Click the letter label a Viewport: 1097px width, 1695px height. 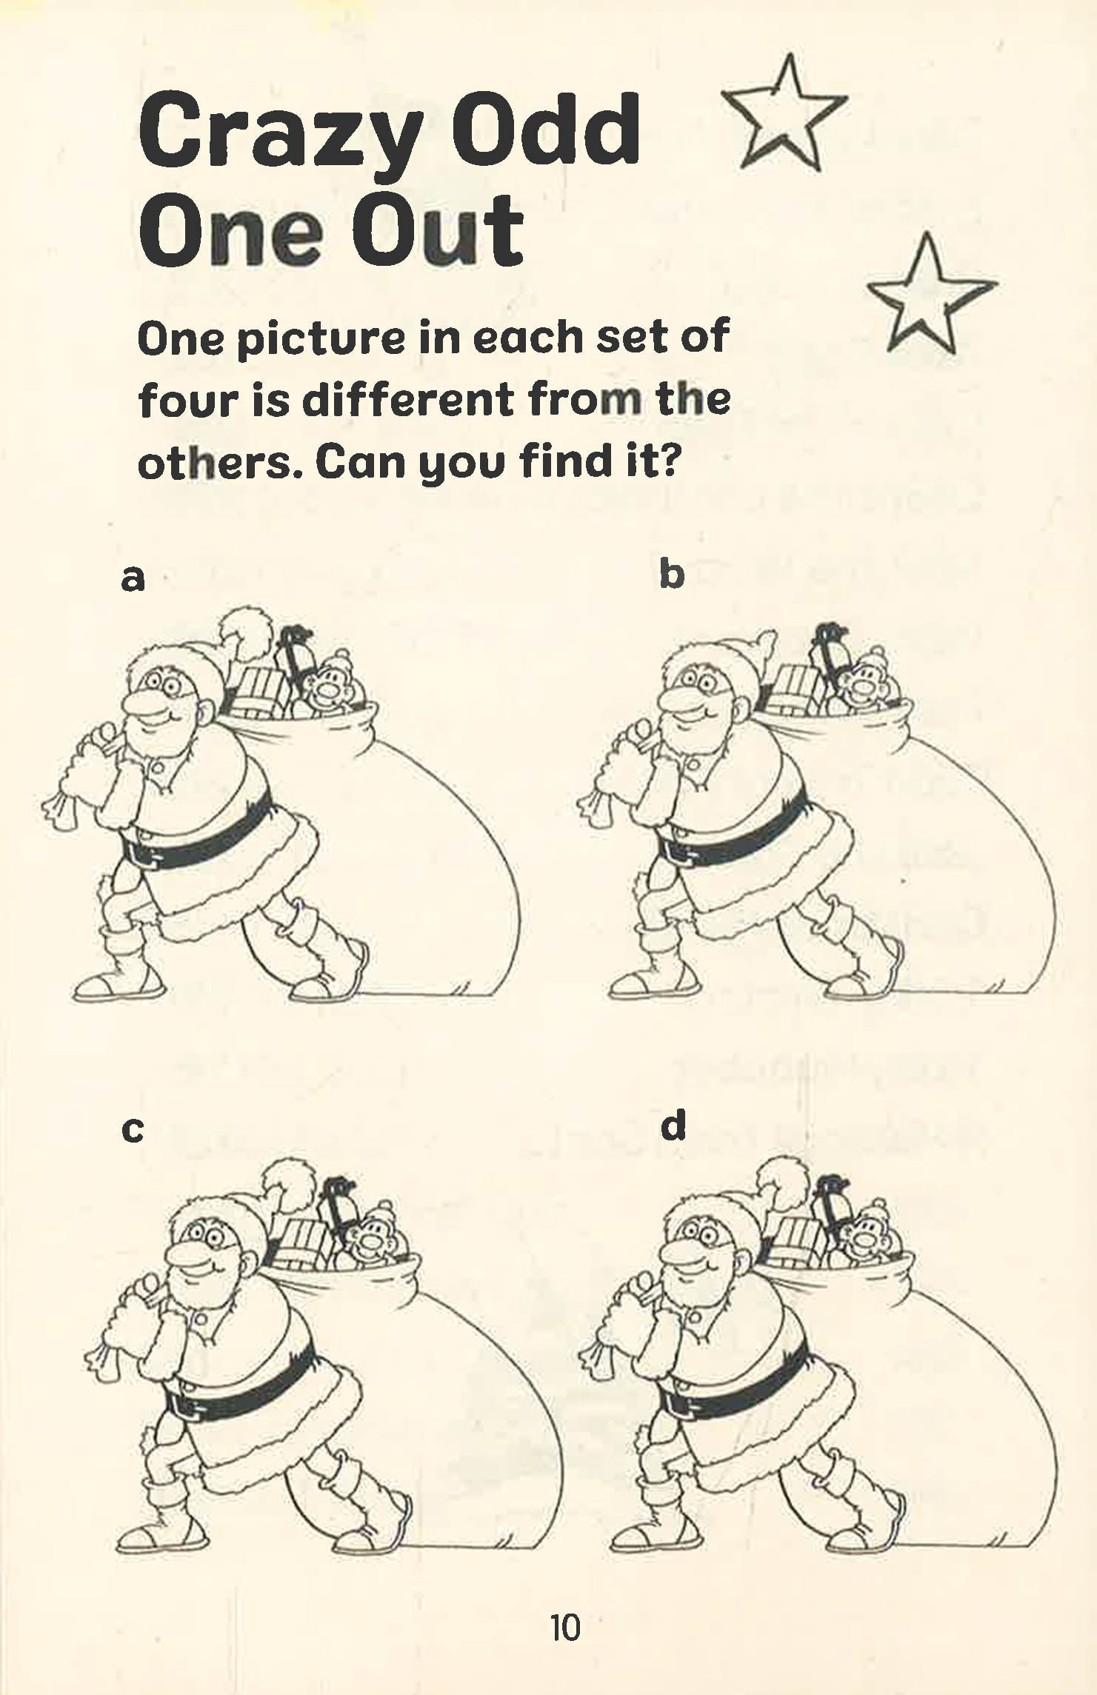pos(133,578)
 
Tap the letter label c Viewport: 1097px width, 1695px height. pos(133,1130)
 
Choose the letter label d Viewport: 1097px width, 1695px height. pos(673,1126)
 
